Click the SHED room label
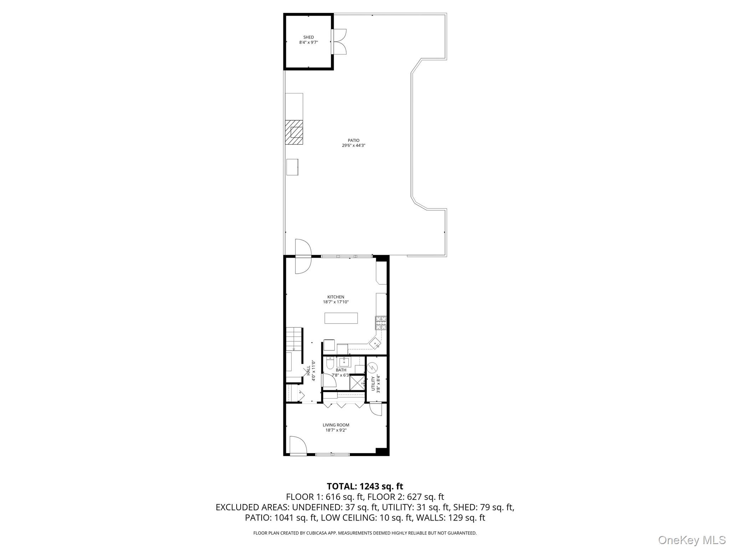click(308, 37)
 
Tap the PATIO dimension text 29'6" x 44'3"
click(353, 145)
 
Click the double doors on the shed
click(339, 41)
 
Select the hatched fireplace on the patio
click(294, 132)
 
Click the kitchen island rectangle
click(341, 318)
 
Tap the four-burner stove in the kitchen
click(380, 323)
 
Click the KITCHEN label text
click(336, 297)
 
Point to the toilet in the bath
click(330, 364)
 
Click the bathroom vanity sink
click(344, 362)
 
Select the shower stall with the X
click(356, 383)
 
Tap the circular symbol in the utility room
click(372, 367)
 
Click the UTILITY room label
click(374, 383)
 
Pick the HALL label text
click(308, 371)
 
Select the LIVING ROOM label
click(336, 425)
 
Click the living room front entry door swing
click(298, 446)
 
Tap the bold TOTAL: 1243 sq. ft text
click(365, 486)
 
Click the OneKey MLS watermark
click(692, 540)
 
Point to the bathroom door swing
click(330, 381)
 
